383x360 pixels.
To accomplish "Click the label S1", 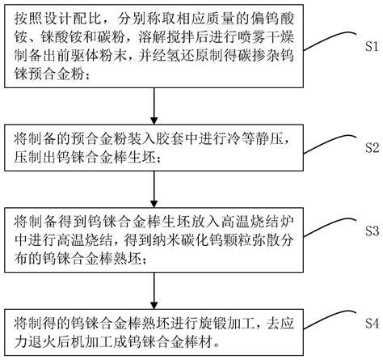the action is click(x=372, y=46).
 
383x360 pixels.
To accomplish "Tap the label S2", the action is click(x=372, y=147).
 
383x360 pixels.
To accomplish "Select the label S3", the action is click(x=372, y=231).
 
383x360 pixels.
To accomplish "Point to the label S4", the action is click(x=372, y=323).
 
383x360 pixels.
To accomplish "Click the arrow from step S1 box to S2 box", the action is click(x=154, y=106).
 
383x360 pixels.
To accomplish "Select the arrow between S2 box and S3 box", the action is click(x=154, y=189).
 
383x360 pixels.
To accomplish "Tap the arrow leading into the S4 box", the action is click(x=154, y=290).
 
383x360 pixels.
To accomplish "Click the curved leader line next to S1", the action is click(x=330, y=40).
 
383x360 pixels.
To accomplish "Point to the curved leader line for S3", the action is click(x=330, y=226).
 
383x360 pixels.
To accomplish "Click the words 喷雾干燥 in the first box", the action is click(x=266, y=37).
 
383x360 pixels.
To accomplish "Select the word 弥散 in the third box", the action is click(x=265, y=240).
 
